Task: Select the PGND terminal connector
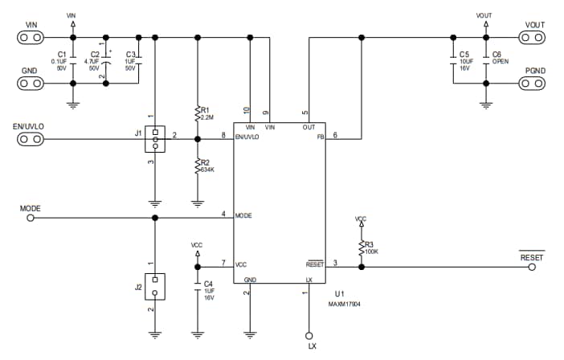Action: coord(534,83)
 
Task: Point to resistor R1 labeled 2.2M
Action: coord(198,112)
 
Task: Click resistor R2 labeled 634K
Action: coord(198,166)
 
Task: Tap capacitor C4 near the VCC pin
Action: coord(198,290)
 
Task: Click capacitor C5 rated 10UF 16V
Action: coord(454,60)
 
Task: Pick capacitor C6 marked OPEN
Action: coord(484,60)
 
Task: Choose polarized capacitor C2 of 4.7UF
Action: coord(106,60)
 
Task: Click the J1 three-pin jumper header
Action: coord(153,139)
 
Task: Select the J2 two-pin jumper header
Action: coord(153,286)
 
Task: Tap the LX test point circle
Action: coord(309,335)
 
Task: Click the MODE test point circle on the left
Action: coord(31,217)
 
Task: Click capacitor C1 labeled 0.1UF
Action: coord(73,60)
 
